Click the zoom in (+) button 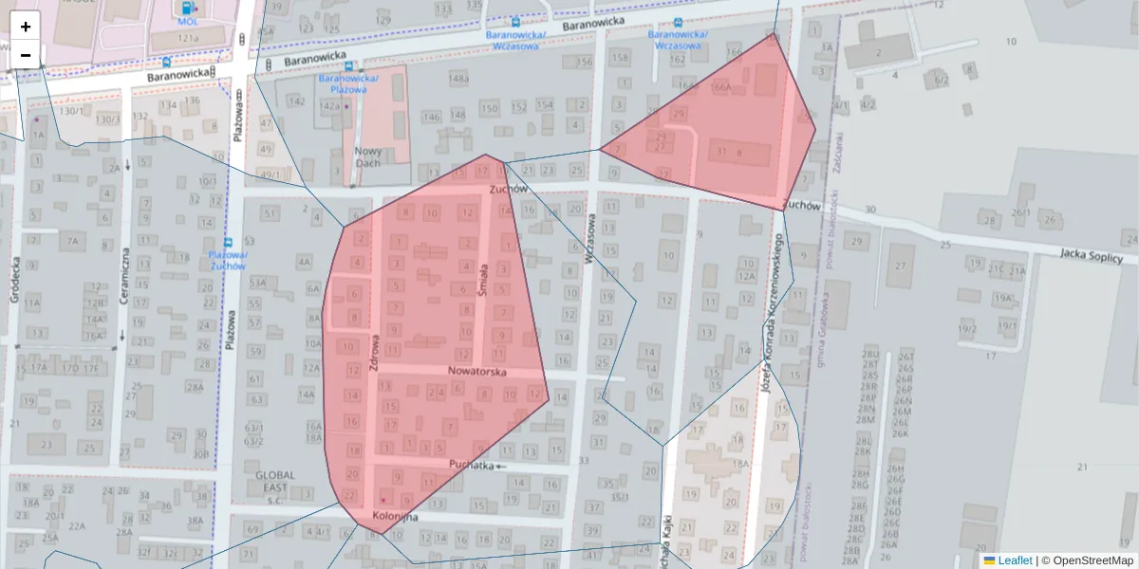coord(26,27)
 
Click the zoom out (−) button coord(26,55)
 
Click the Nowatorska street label coord(477,373)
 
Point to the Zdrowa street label coord(376,351)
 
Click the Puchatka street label coord(472,465)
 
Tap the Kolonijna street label coord(396,517)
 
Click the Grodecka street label coord(15,281)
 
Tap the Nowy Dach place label coord(368,157)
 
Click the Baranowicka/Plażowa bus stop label coord(349,83)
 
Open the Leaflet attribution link coord(1015,560)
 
